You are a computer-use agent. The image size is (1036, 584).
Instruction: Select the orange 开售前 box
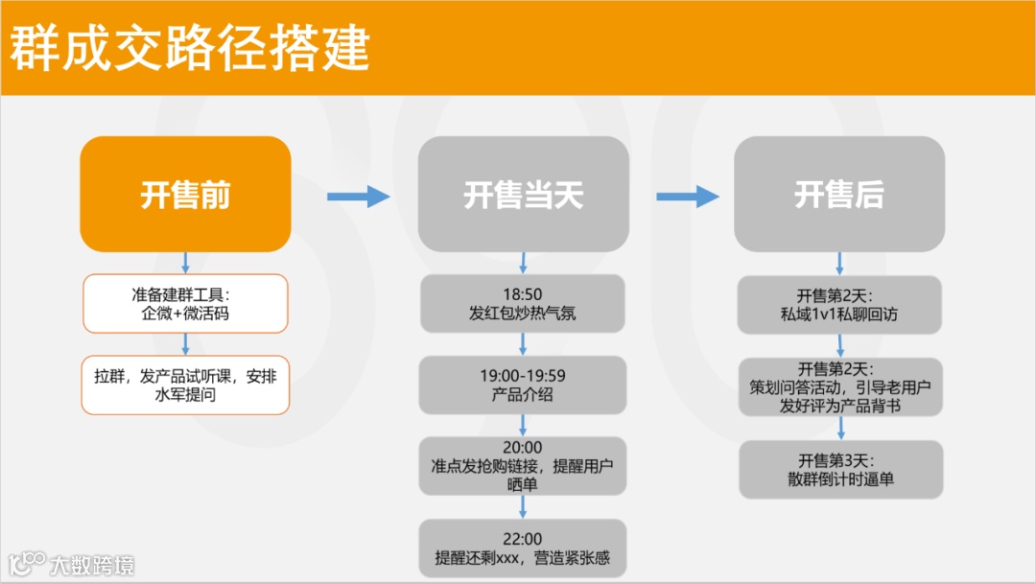185,195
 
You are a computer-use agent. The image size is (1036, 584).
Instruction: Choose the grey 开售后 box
839,195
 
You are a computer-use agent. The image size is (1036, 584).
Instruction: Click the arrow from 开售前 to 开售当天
358,197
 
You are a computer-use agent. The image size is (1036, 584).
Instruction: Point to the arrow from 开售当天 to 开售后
687,197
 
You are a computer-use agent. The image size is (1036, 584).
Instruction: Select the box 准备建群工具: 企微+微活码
185,304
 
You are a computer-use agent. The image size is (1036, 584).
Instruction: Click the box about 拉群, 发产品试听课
185,385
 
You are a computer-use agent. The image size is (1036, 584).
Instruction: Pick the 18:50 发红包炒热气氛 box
523,304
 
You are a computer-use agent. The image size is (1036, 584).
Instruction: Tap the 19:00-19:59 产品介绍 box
523,385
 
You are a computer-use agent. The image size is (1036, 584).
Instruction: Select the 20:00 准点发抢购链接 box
523,466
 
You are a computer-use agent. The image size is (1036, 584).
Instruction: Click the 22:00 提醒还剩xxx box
523,548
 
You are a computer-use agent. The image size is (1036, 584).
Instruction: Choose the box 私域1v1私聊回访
839,304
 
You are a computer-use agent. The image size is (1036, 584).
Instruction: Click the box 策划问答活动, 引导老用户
839,386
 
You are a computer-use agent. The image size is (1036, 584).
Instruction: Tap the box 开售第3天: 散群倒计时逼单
839,469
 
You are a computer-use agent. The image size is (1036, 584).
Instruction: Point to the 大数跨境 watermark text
92,564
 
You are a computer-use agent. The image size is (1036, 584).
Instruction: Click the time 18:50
523,294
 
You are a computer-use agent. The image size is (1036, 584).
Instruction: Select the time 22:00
523,539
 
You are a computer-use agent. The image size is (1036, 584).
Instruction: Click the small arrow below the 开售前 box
185,263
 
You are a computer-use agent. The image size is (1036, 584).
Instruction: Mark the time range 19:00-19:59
523,376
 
